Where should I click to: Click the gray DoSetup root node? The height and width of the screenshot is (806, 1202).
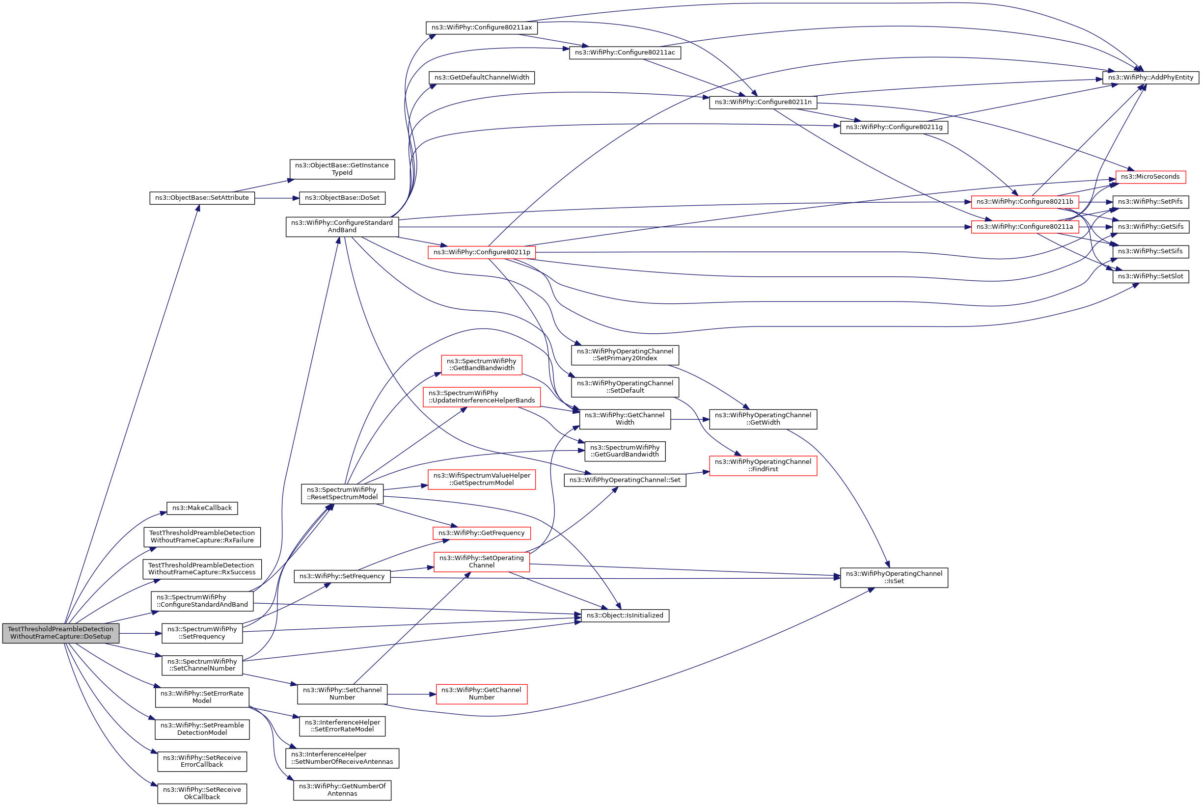pyautogui.click(x=61, y=633)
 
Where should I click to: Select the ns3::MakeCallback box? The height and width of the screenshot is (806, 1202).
pyautogui.click(x=202, y=508)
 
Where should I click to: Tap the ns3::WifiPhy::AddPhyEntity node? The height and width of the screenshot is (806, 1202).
pyautogui.click(x=1150, y=78)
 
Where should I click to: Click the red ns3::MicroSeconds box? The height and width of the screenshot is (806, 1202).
pyautogui.click(x=1150, y=177)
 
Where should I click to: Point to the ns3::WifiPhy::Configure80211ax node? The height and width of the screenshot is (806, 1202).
pyautogui.click(x=481, y=28)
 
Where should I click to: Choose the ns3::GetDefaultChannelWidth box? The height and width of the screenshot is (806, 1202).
pyautogui.click(x=481, y=78)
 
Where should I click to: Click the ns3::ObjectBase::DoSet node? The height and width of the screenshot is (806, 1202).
pyautogui.click(x=342, y=198)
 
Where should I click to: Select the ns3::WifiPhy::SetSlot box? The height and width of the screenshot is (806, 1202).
pyautogui.click(x=1150, y=276)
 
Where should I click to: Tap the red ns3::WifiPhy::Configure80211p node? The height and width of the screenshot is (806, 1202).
pyautogui.click(x=481, y=252)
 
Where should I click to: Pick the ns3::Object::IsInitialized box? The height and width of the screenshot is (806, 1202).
pyautogui.click(x=625, y=615)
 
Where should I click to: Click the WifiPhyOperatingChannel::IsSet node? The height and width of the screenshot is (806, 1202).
pyautogui.click(x=894, y=577)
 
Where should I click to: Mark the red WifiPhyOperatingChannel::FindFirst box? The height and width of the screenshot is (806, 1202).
pyautogui.click(x=763, y=465)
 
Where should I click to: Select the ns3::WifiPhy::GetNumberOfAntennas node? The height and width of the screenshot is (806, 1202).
pyautogui.click(x=342, y=790)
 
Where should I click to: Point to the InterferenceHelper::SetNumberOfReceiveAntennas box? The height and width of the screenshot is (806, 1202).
pyautogui.click(x=342, y=758)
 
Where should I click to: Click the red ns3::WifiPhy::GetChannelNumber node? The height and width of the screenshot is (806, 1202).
pyautogui.click(x=481, y=694)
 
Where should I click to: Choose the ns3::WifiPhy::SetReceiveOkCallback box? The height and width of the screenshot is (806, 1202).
pyautogui.click(x=202, y=793)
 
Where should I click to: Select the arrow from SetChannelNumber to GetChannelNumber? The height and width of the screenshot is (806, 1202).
pyautogui.click(x=411, y=695)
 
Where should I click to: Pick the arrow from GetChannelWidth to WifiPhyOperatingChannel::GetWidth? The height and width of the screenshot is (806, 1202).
pyautogui.click(x=689, y=420)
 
